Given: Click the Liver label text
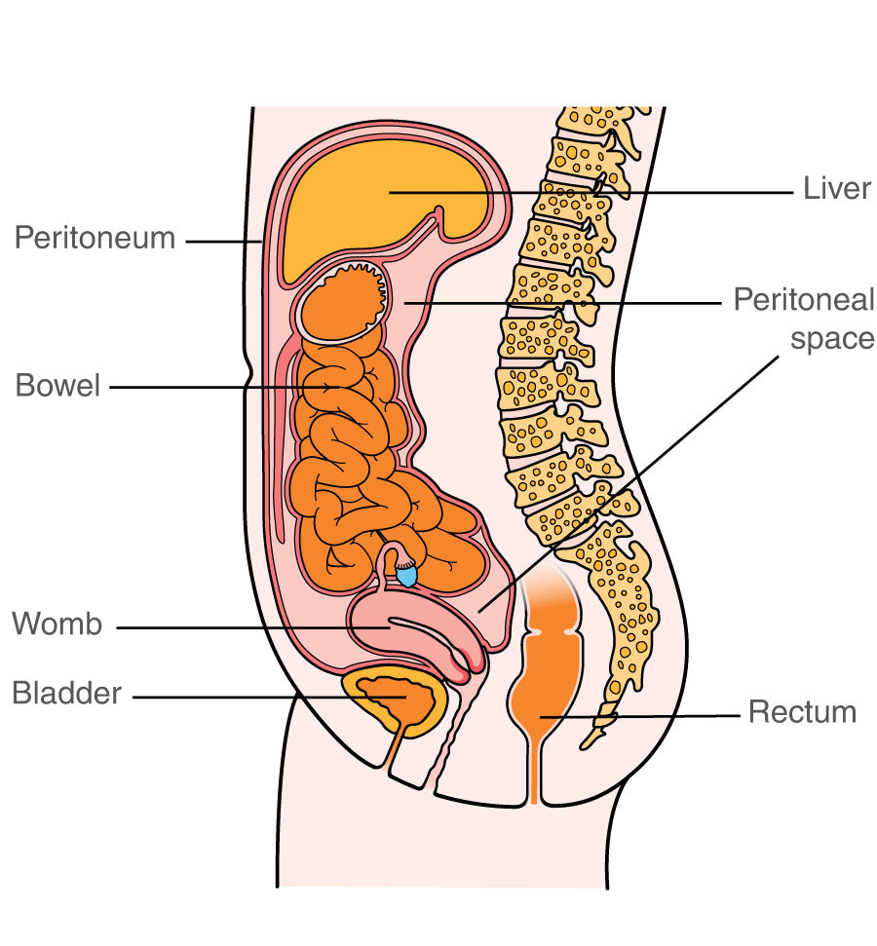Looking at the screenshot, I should point(836,189).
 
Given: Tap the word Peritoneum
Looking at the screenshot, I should point(95,237).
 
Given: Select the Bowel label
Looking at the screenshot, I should point(57,386).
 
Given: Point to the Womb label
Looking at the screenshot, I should point(57,624).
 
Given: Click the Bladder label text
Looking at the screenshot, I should point(66,694).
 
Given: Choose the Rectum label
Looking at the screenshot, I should point(802,712).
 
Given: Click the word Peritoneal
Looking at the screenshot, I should point(803,301).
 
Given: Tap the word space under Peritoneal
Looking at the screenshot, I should point(831,338).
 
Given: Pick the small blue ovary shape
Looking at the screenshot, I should point(406,576).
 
